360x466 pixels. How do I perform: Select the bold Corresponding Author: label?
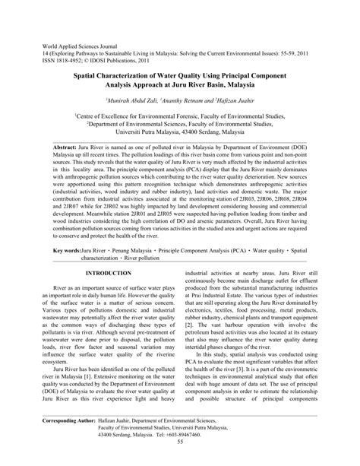click(x=74, y=440)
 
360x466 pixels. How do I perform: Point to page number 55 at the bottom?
click(x=180, y=461)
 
